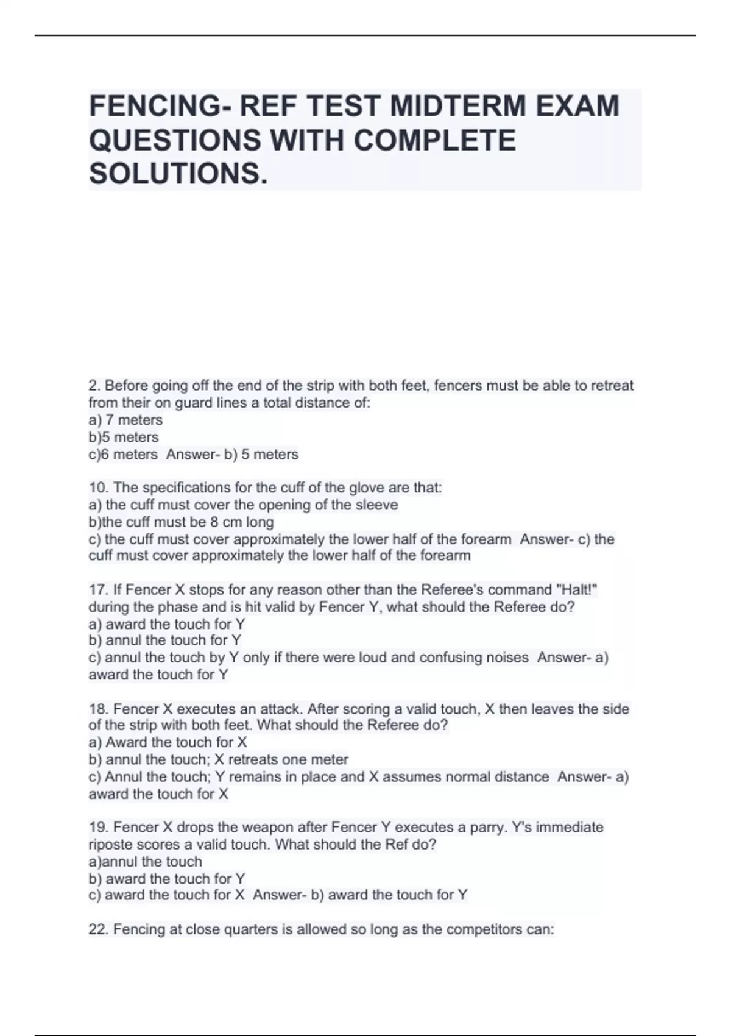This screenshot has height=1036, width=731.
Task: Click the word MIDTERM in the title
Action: (458, 106)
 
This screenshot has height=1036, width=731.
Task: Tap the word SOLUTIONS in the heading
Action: (178, 174)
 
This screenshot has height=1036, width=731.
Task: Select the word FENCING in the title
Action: (155, 106)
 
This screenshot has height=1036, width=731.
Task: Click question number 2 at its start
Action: (93, 386)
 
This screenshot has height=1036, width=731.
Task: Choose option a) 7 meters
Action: (125, 420)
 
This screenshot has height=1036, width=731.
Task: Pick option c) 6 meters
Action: (123, 455)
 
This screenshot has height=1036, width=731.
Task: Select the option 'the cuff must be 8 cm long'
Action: (182, 522)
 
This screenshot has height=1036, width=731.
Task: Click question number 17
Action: (97, 590)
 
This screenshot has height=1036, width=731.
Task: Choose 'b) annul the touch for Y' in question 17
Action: (165, 640)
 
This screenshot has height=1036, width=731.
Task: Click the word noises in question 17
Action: (507, 658)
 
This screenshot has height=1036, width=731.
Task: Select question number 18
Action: (97, 709)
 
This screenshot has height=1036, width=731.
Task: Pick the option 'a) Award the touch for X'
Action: (168, 742)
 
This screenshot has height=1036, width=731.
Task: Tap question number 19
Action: (97, 828)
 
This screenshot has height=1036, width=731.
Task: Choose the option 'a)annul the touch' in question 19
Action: (145, 862)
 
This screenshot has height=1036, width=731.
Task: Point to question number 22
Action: (97, 930)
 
